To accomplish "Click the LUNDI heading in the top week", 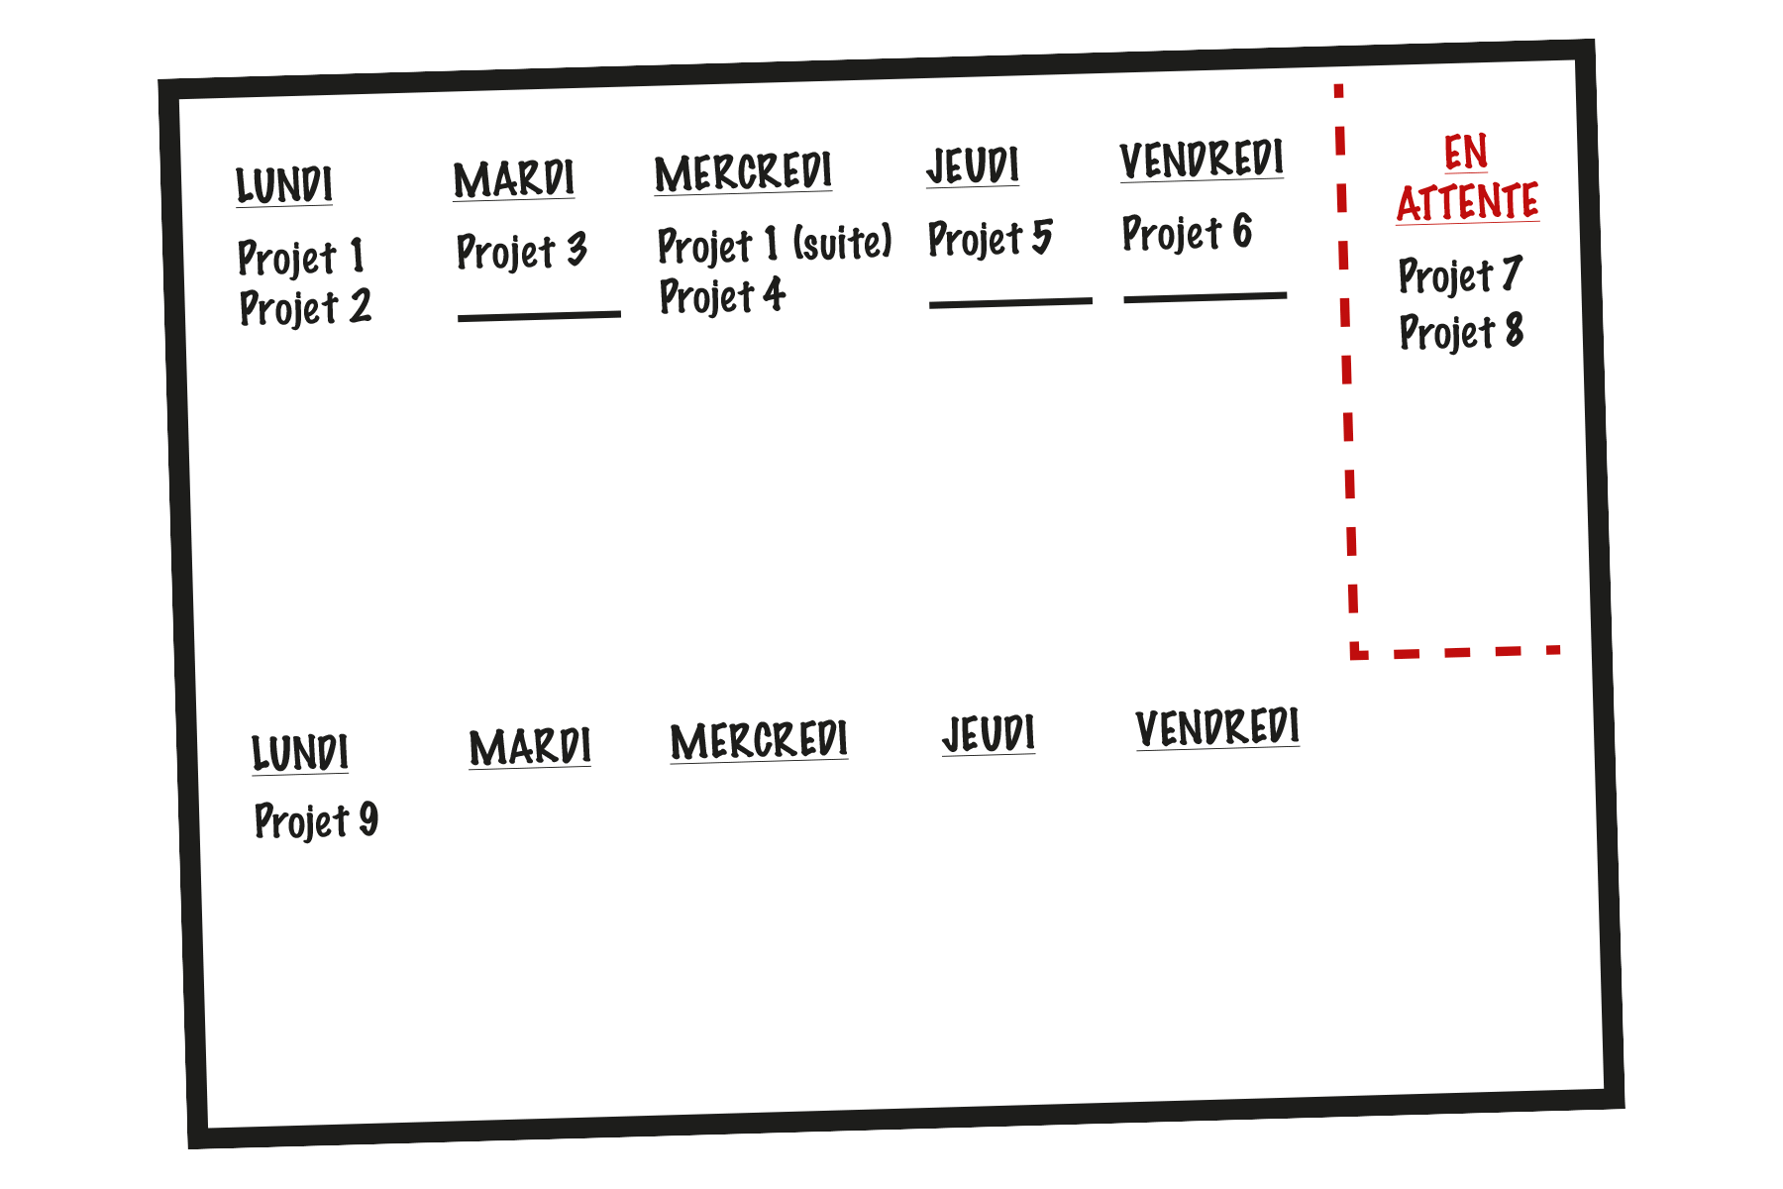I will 284,185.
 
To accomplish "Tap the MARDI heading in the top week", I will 513,179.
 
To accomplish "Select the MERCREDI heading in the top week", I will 743,172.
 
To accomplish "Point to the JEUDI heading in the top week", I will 973,165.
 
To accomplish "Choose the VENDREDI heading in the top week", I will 1202,160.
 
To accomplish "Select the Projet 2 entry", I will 305,308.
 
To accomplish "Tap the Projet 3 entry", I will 521,252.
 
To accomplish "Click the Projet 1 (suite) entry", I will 775,244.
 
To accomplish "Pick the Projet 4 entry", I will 722,296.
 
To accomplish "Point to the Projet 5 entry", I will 990,239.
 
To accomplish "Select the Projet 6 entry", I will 1187,233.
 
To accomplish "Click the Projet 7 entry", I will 1459,275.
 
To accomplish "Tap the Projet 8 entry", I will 1461,332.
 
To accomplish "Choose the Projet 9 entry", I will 316,821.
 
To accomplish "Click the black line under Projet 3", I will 539,316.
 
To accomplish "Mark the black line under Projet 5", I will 1010,302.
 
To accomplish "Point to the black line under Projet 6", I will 1206,296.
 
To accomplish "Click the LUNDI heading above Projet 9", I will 300,753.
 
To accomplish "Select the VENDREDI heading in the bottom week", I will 1217,728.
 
